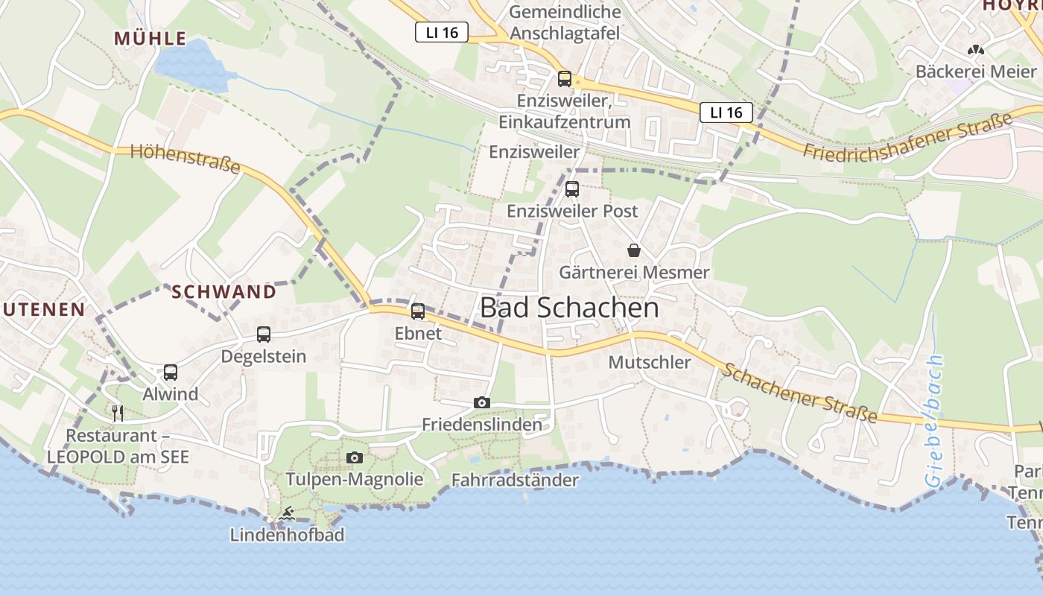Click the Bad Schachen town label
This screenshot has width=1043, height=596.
[569, 308]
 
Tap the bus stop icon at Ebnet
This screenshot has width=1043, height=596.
[418, 311]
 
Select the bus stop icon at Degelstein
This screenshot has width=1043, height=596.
[264, 335]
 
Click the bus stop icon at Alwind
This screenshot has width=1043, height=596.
[171, 372]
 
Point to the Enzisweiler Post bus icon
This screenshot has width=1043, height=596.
[572, 189]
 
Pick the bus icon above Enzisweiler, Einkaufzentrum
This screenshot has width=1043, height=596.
[565, 79]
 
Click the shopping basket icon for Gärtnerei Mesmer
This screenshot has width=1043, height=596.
[634, 250]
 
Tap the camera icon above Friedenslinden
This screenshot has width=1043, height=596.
[482, 403]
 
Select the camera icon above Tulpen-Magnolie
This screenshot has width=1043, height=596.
[355, 457]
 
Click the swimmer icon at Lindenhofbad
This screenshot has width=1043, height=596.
[287, 514]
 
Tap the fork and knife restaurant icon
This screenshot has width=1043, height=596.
[118, 413]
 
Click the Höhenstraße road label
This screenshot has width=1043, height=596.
[186, 159]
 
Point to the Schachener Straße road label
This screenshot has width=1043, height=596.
[800, 393]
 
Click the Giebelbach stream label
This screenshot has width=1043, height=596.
[936, 421]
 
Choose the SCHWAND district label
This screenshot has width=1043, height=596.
[223, 292]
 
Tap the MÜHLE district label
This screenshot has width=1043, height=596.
[150, 39]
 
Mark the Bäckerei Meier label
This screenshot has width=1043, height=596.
[975, 72]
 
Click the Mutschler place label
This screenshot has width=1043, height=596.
[650, 362]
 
